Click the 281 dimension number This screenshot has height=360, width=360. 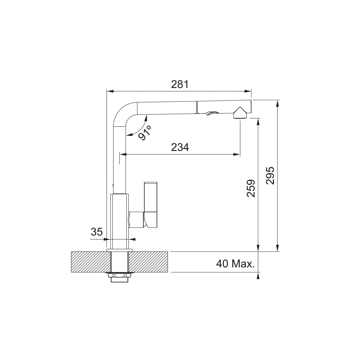[180, 84]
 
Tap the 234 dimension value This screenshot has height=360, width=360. [180, 147]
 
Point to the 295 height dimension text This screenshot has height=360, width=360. [270, 176]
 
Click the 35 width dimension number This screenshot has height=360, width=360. [97, 232]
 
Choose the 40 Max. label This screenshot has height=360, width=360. [235, 264]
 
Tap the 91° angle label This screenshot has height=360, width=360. [145, 133]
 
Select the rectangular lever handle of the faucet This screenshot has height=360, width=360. [151, 205]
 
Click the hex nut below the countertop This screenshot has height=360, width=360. [120, 275]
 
